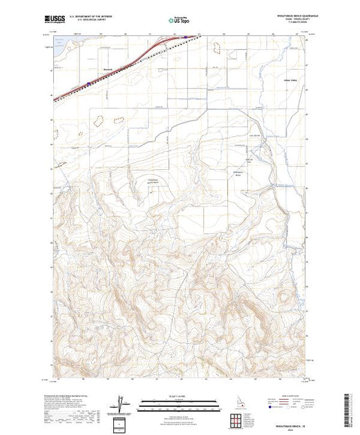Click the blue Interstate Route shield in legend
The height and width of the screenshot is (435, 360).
268,408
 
